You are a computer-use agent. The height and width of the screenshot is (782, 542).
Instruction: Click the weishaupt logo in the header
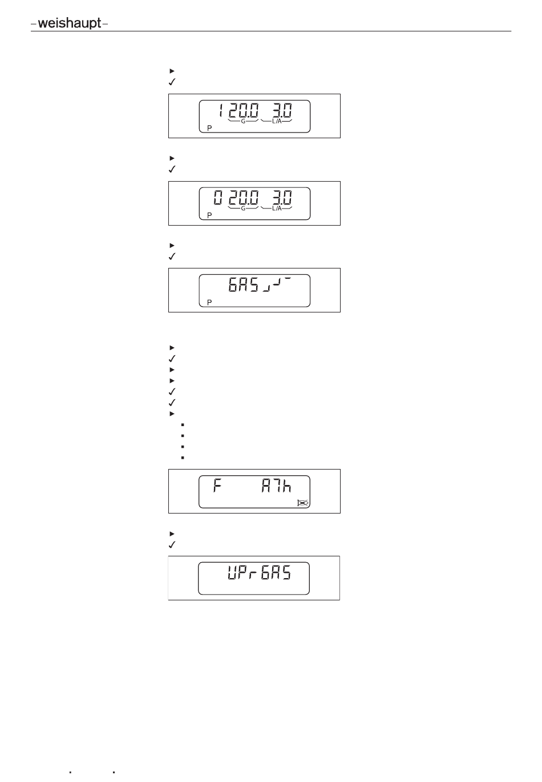click(69, 24)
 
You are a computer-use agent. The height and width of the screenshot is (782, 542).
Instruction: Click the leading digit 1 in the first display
click(220, 111)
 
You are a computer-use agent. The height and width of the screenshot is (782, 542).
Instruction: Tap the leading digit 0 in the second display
click(218, 198)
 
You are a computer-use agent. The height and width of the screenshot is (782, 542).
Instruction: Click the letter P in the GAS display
click(209, 302)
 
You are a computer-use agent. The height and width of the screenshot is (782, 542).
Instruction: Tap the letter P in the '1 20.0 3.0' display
click(209, 129)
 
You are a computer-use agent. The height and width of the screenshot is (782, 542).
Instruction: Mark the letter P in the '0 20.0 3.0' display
click(209, 216)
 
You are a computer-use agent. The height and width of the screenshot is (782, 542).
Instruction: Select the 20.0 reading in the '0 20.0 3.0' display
click(244, 198)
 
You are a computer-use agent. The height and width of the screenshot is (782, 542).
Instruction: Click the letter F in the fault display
click(217, 487)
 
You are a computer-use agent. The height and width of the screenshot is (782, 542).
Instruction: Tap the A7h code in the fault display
click(276, 487)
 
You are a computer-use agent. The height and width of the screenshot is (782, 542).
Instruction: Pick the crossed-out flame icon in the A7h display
click(302, 503)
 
